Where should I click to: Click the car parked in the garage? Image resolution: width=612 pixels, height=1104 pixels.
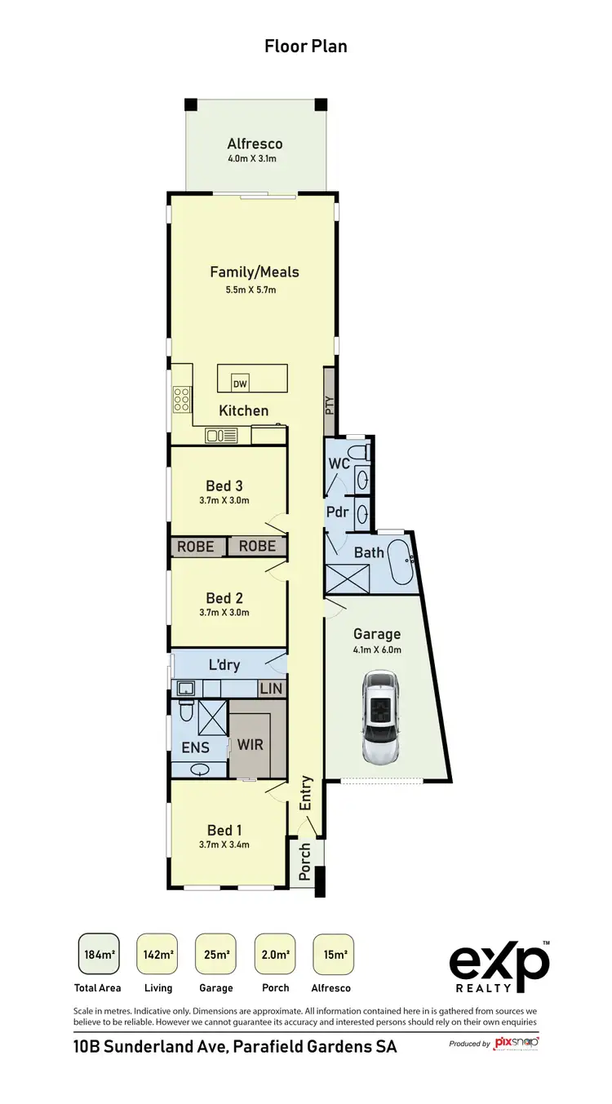click(381, 718)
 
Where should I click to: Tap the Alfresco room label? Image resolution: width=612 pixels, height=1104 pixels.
click(255, 144)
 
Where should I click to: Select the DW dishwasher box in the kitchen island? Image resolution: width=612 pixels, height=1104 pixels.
click(240, 384)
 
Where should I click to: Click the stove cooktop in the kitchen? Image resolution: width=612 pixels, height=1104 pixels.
click(182, 400)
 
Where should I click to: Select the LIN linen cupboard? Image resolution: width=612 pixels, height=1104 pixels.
click(271, 689)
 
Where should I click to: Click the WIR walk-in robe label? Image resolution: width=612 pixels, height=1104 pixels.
click(250, 745)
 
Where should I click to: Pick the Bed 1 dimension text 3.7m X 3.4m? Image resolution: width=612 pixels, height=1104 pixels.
click(224, 845)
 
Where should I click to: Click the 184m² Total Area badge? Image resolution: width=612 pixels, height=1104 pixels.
click(99, 955)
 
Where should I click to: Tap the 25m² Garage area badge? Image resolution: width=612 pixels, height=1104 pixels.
click(215, 955)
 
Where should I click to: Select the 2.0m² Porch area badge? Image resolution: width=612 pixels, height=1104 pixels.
click(275, 955)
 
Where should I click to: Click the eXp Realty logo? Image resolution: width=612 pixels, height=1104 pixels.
click(499, 967)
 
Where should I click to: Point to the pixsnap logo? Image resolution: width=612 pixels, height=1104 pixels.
click(516, 1043)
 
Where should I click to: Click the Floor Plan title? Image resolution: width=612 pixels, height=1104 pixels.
click(306, 47)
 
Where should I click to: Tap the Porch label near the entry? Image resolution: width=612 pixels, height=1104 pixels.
click(305, 862)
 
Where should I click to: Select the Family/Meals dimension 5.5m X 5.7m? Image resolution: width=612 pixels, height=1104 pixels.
click(255, 290)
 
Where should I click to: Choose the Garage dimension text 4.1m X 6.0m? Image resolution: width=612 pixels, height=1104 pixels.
click(376, 650)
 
